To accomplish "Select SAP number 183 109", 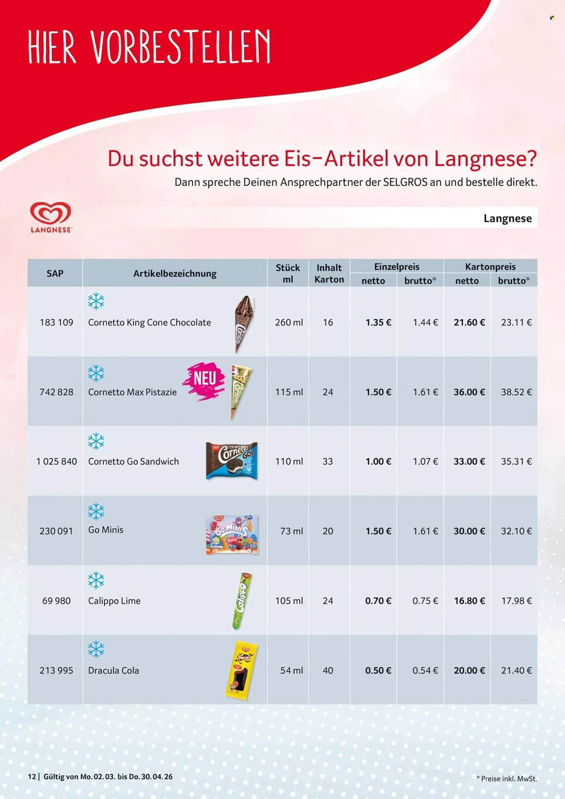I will pyautogui.click(x=56, y=322).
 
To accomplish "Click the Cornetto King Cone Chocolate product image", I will pyautogui.click(x=244, y=324).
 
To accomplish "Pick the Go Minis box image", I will pyautogui.click(x=232, y=534).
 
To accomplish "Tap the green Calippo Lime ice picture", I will pyautogui.click(x=242, y=601).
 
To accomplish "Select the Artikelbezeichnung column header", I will pyautogui.click(x=175, y=274).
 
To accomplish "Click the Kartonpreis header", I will pyautogui.click(x=490, y=266).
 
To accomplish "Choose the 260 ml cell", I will pyautogui.click(x=289, y=322).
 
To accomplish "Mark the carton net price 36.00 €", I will pyautogui.click(x=469, y=392).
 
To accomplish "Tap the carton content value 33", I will pyautogui.click(x=328, y=461).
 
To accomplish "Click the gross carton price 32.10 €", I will pyautogui.click(x=516, y=531).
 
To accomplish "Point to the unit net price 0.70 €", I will pyautogui.click(x=378, y=601).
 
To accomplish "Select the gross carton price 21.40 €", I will pyautogui.click(x=516, y=670).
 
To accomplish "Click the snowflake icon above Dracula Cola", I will pyautogui.click(x=96, y=649).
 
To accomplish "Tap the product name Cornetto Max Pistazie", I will pyautogui.click(x=132, y=392).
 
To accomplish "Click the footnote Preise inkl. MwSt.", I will pyautogui.click(x=509, y=779).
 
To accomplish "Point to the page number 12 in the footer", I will pyautogui.click(x=32, y=777).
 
